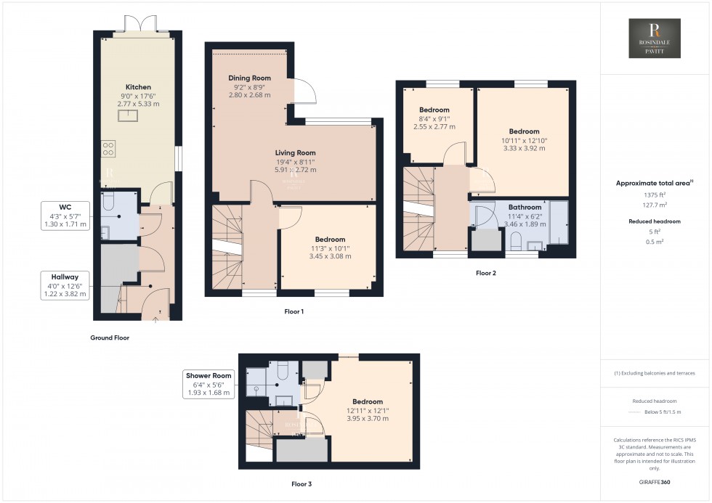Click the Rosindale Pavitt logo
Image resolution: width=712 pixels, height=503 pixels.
click(654, 38)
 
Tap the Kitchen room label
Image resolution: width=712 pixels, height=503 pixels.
click(138, 87)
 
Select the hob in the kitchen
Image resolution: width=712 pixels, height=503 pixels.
click(108, 149)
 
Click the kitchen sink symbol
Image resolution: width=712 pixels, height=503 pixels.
click(131, 114)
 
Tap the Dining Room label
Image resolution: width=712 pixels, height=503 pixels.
click(249, 78)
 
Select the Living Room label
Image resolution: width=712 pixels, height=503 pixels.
click(295, 152)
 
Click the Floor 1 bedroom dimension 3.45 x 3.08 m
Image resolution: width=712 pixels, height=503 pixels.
click(330, 256)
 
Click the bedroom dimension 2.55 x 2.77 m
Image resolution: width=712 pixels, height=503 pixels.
click(435, 126)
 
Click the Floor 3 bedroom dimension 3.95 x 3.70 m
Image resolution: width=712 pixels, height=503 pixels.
click(368, 418)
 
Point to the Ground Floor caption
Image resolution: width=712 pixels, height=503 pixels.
click(110, 338)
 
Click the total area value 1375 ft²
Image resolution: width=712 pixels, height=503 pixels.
click(655, 195)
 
